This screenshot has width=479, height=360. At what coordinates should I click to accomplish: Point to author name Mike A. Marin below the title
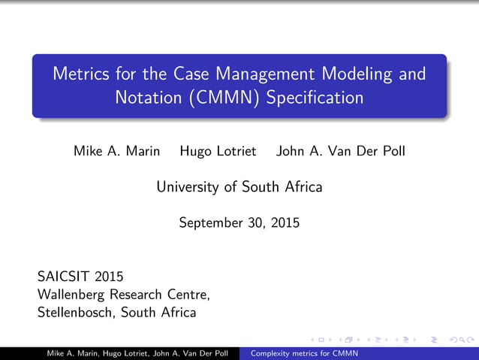tap(116, 151)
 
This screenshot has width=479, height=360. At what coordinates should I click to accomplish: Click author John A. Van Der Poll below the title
tap(341, 151)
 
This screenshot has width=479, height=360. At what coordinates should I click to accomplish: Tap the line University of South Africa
tap(239, 186)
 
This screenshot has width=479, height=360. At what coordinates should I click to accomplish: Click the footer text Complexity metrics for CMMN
tap(304, 354)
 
